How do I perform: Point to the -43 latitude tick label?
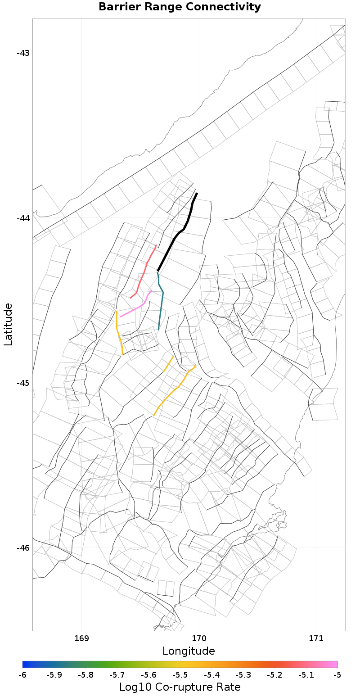(23, 53)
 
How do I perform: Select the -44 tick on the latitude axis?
(23, 218)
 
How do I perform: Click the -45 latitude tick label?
(23, 383)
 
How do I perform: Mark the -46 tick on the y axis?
(23, 548)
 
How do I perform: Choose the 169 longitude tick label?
(81, 638)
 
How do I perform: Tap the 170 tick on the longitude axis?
(199, 638)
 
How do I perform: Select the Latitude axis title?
(8, 324)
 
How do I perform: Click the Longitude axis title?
(189, 651)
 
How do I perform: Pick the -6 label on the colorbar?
(22, 675)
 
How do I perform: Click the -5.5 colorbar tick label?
(180, 675)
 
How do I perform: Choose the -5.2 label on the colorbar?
(274, 675)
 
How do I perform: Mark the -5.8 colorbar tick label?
(85, 675)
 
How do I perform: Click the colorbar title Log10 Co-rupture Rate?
(180, 688)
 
